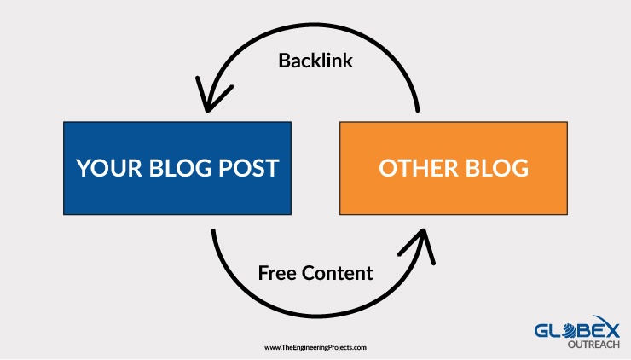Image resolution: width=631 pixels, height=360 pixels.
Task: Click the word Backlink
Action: (315, 61)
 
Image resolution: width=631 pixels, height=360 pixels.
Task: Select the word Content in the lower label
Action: (337, 273)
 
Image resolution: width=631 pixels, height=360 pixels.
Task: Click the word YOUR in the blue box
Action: (109, 168)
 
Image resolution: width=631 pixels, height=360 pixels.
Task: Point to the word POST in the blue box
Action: (249, 168)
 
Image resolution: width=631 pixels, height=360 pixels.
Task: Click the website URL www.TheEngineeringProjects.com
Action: (315, 347)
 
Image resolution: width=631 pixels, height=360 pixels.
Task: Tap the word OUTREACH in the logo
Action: (593, 345)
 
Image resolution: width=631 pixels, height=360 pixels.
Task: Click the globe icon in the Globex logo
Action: (570, 330)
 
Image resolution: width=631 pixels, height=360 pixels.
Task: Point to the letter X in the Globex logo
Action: (612, 331)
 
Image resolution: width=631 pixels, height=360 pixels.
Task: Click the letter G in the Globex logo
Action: (541, 331)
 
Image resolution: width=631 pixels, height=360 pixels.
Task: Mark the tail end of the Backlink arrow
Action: (417, 110)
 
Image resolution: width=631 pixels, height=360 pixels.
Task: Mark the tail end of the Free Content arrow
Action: (213, 231)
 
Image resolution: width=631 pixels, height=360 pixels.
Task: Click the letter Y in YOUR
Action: (84, 168)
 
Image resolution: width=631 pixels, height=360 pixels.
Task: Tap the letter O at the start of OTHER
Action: (387, 168)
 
